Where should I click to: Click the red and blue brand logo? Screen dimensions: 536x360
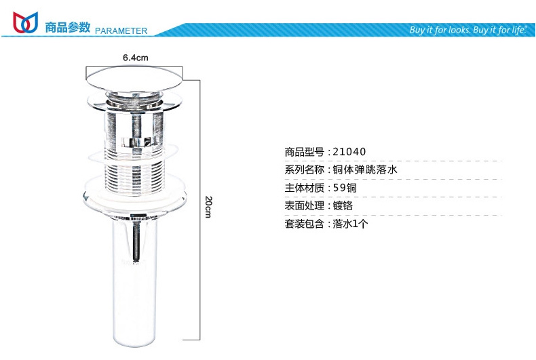(25, 22)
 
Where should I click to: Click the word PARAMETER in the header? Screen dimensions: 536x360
(121, 31)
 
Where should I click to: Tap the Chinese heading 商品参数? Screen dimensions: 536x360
(68, 27)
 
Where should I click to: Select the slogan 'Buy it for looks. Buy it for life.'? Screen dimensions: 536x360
(468, 30)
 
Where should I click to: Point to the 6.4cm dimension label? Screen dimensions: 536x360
(136, 58)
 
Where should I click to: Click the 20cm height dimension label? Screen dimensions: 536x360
(208, 207)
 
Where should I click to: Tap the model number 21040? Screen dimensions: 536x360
(349, 152)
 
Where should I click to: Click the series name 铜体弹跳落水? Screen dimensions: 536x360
(365, 169)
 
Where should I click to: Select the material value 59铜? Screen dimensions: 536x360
(345, 188)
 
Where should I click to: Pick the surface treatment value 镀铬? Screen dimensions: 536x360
(343, 205)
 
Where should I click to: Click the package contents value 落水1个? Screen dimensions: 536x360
(350, 224)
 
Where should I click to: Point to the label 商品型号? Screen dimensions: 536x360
(304, 152)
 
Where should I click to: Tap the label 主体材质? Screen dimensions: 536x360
(304, 188)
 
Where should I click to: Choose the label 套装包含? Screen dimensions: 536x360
(304, 224)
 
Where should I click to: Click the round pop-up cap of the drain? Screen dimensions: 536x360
(134, 79)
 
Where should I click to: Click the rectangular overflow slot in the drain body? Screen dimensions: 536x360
(140, 142)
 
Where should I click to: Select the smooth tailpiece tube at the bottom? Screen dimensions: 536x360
(135, 280)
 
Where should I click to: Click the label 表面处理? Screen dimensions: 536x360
(304, 205)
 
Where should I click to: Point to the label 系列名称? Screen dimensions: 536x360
(304, 169)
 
